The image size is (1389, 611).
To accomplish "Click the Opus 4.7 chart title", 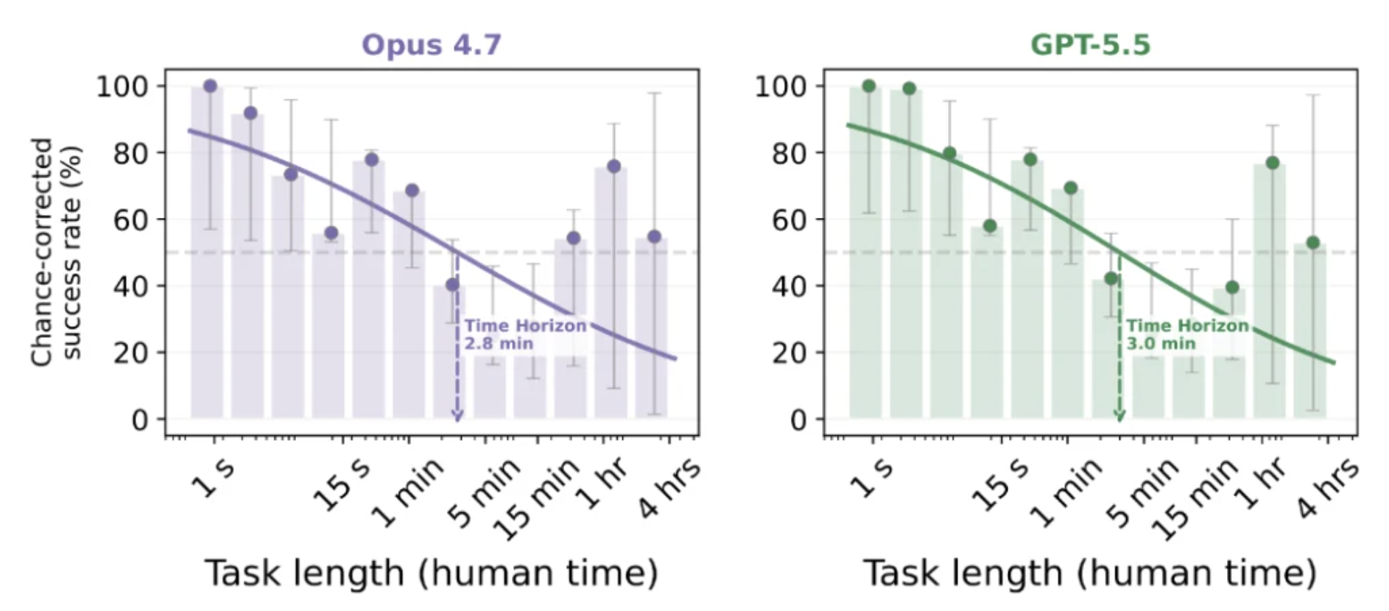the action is pos(431,45).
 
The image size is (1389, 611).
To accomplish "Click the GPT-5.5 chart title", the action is pos(1090,45).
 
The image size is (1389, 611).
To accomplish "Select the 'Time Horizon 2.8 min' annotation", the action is pos(525,334).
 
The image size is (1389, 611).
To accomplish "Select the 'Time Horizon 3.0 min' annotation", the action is pos(1187,334).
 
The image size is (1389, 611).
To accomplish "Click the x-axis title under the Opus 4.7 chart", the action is pos(431,573).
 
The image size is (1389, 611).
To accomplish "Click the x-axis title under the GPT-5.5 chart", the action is pos(1090,573).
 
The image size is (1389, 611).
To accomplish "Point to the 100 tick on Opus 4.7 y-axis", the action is pos(122,86).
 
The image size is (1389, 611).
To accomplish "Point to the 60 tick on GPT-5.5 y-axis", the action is pos(790,219).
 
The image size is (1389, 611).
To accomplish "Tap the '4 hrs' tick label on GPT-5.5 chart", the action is pos(1327,487).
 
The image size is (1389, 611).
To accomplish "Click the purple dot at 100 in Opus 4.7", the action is pos(210,86).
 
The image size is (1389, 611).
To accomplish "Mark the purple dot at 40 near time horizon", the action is pos(452,284).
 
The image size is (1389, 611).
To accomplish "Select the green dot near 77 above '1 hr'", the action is pos(1273,163).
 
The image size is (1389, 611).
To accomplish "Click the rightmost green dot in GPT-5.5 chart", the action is pos(1313,243).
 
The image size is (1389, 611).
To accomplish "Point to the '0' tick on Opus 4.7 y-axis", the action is pos(140,420).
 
